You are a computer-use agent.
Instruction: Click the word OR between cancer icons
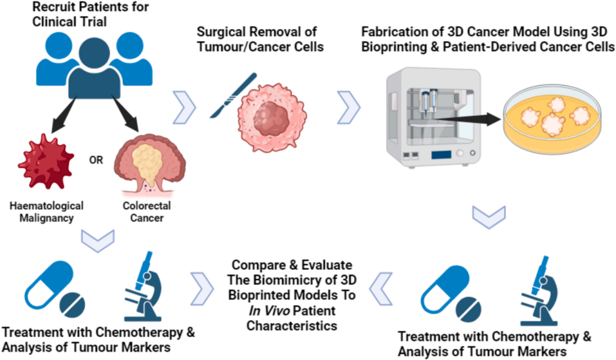(x=96, y=160)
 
